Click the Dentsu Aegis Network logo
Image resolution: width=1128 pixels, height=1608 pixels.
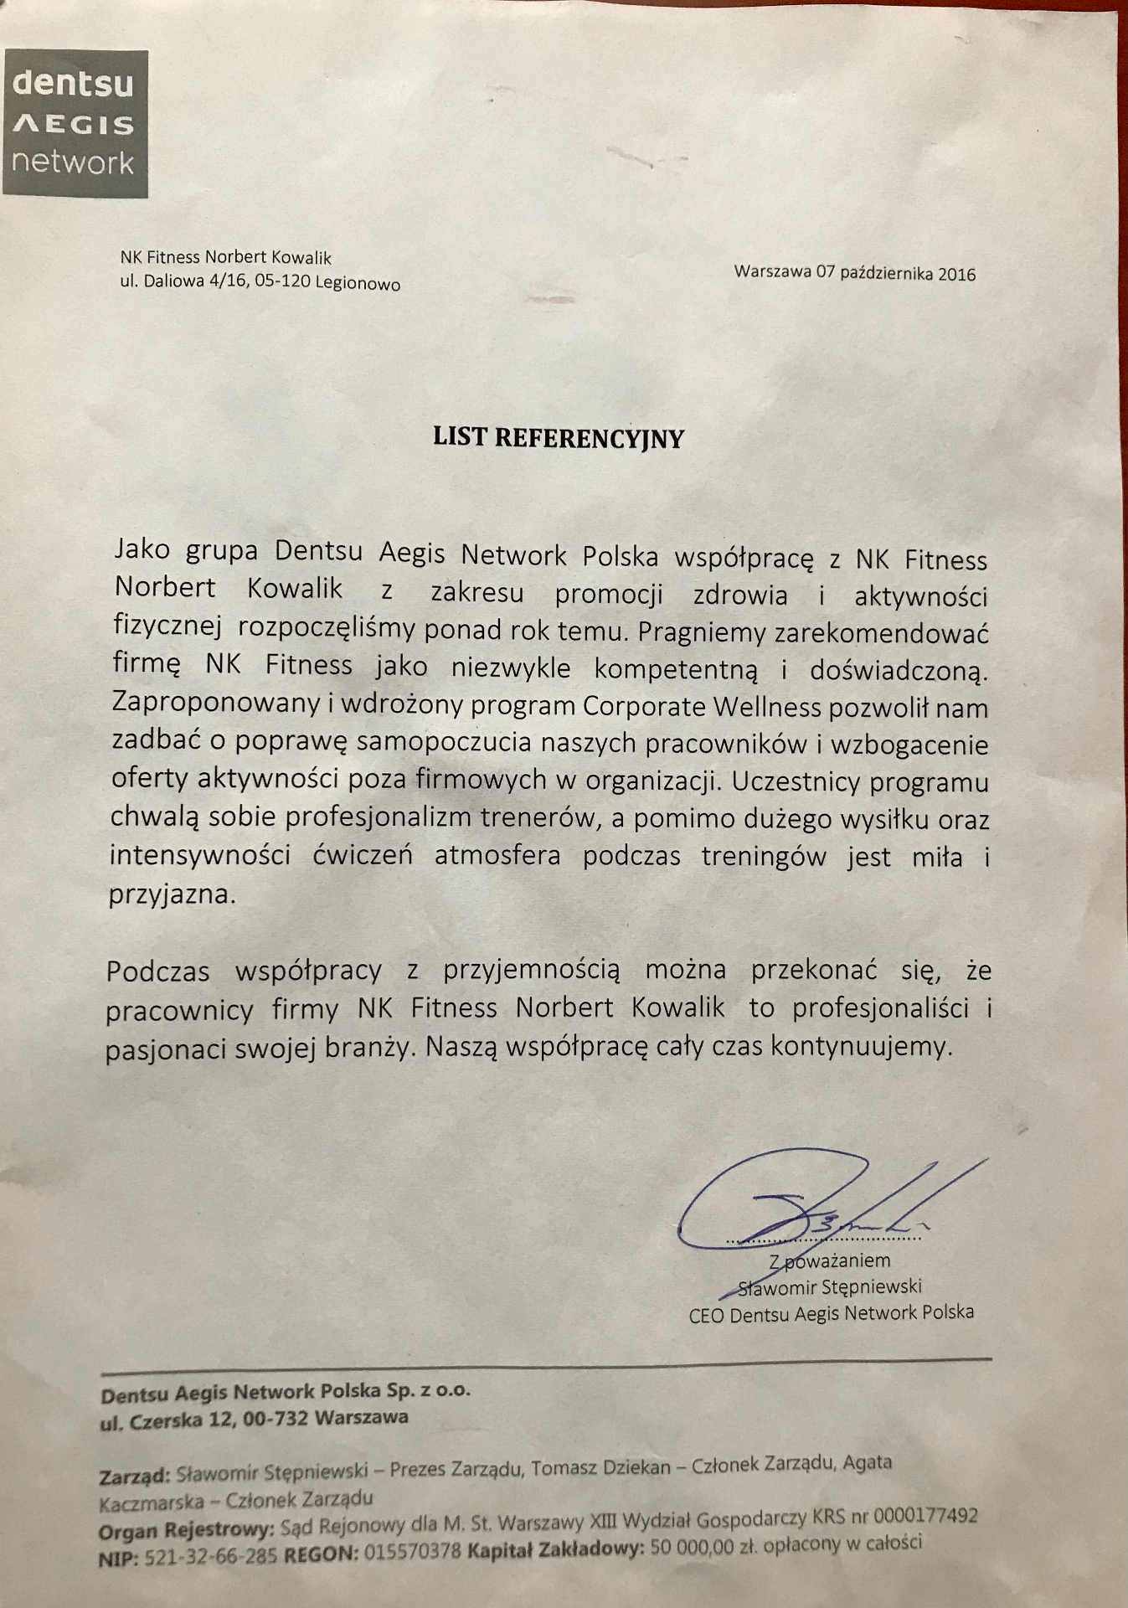click(x=75, y=123)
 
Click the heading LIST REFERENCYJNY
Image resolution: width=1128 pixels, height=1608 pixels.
click(x=559, y=437)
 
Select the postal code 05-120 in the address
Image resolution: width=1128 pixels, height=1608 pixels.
click(x=284, y=282)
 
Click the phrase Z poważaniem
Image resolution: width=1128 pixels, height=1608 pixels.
click(x=829, y=1260)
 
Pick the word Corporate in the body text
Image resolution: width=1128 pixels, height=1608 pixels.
click(x=644, y=706)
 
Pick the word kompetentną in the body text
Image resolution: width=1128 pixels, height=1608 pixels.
click(x=676, y=669)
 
